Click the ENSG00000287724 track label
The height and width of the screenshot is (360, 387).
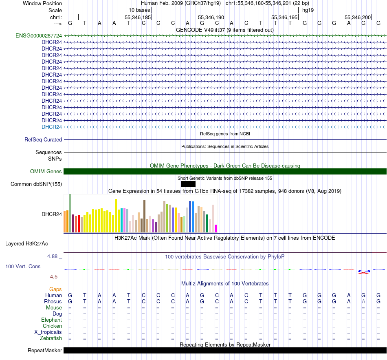[39, 36]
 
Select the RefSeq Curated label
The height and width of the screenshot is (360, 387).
[43, 139]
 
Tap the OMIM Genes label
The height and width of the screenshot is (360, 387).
[46, 172]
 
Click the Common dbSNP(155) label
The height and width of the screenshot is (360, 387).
[36, 184]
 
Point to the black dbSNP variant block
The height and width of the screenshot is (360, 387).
[188, 184]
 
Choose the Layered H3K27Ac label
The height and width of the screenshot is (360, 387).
[26, 244]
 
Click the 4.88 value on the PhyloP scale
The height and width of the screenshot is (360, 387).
[53, 256]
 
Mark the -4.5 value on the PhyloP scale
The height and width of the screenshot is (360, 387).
[53, 277]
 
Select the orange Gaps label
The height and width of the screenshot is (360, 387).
[55, 289]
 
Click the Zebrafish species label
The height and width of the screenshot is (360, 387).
[51, 338]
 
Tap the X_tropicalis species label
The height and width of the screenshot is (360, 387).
[48, 332]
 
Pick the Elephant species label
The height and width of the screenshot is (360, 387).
[51, 320]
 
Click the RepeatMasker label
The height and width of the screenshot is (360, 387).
[45, 350]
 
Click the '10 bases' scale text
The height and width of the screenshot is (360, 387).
[139, 9]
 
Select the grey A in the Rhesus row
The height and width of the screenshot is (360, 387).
[363, 301]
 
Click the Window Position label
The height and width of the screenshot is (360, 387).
[42, 3]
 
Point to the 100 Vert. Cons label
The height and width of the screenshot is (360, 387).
[23, 266]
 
